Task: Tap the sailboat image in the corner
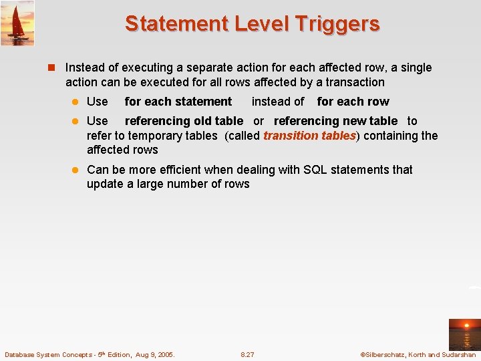[x=17, y=23]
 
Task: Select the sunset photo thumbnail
[x=464, y=334]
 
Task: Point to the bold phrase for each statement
[x=178, y=102]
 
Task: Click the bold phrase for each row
[x=353, y=102]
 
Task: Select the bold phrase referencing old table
[x=184, y=121]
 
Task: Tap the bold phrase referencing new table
[x=335, y=121]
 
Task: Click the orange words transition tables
[x=309, y=136]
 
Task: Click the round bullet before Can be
[x=77, y=170]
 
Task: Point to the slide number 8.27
[x=247, y=354]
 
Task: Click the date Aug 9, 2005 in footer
[x=153, y=354]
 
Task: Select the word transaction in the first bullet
[x=353, y=82]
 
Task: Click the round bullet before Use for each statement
[x=77, y=102]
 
